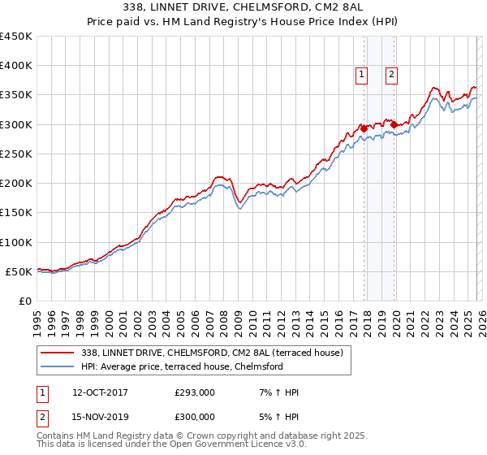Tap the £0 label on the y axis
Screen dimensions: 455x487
point(25,301)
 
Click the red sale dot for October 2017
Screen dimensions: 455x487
point(364,128)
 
